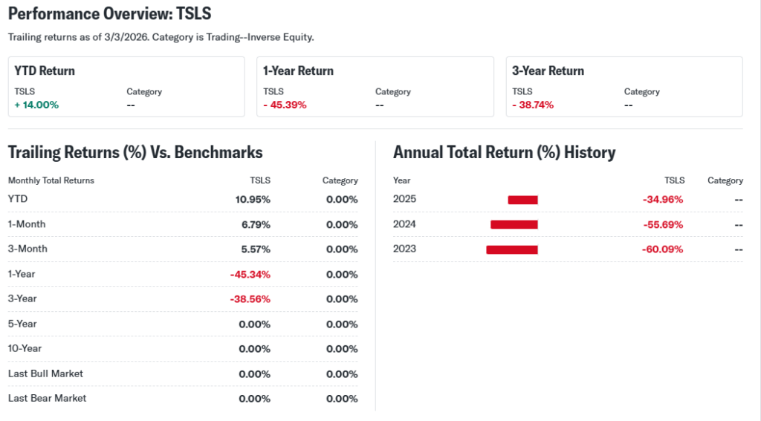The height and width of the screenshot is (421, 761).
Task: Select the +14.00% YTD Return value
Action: pos(36,105)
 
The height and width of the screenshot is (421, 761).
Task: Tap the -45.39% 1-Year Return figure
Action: pos(285,105)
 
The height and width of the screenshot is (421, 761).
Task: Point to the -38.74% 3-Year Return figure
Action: pos(533,105)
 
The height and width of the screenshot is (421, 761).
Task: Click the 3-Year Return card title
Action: pos(548,71)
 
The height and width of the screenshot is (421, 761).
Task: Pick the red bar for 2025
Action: pos(522,200)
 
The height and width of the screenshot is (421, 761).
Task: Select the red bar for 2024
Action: pos(514,224)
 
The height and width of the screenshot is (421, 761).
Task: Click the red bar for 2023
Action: pos(511,249)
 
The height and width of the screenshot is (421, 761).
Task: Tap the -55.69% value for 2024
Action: pos(662,224)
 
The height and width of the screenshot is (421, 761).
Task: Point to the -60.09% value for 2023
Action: pos(662,249)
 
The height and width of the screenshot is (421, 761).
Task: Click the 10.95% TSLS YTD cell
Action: pos(253,200)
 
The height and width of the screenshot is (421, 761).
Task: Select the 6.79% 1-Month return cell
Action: pos(255,224)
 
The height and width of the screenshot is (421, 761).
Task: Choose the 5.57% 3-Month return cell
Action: pos(255,249)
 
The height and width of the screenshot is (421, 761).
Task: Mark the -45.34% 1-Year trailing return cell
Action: pos(250,274)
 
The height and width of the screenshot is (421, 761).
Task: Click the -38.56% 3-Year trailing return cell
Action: pos(250,299)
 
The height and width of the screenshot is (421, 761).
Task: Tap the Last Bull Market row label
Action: pos(45,373)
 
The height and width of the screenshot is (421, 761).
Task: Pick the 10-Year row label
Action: pos(25,349)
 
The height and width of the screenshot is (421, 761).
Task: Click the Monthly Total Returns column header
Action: pos(51,180)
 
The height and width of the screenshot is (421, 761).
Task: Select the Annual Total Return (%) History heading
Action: pos(504,152)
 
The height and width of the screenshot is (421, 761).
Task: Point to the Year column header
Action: pos(401,180)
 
